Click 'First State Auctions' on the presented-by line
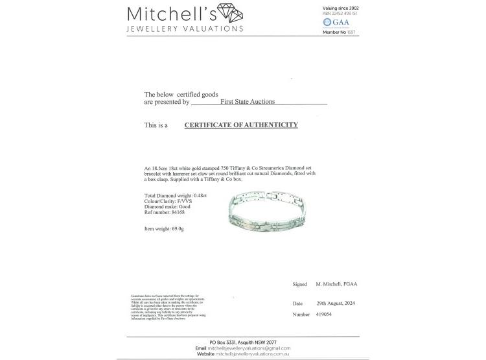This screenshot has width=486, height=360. pos(248,102)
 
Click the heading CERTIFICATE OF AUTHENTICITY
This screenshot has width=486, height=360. pos(241,125)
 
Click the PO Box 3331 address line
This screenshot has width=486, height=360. pos(242,342)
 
